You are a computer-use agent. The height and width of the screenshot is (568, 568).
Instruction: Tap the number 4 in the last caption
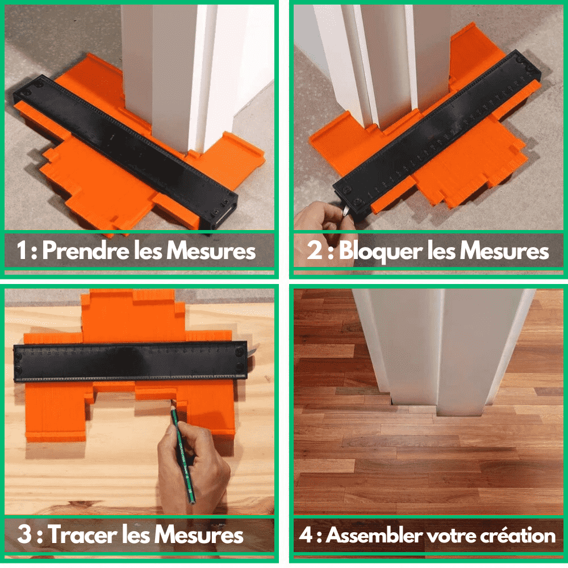pyautogui.click(x=306, y=535)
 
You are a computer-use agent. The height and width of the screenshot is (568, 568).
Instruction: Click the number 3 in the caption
pyautogui.click(x=24, y=535)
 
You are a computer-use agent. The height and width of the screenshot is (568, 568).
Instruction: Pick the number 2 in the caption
pyautogui.click(x=315, y=251)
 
